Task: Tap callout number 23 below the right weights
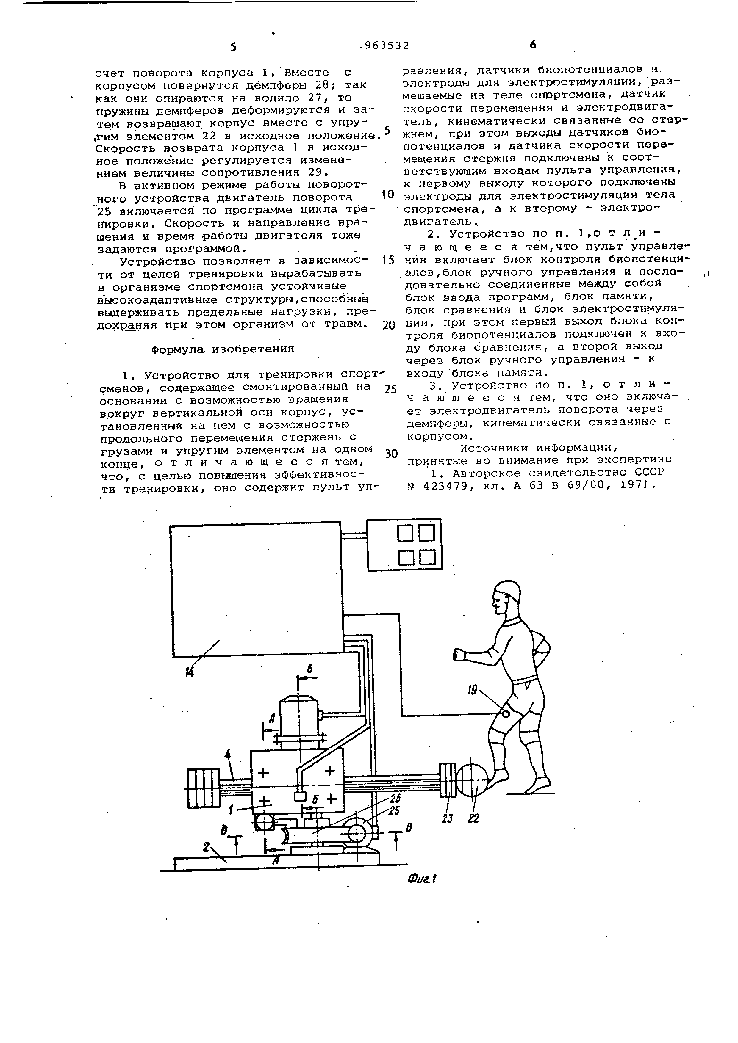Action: (x=448, y=818)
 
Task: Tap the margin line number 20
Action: (x=389, y=325)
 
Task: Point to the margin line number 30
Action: (x=391, y=454)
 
